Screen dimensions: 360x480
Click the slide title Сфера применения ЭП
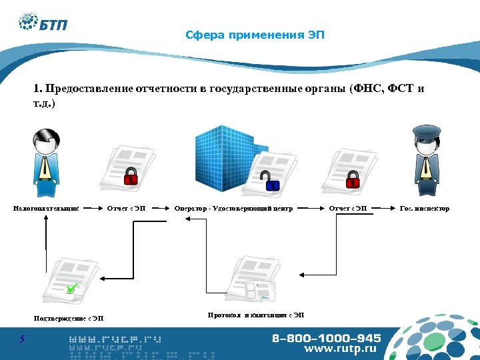255,35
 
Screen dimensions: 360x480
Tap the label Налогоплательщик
46,209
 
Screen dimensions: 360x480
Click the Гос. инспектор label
424,209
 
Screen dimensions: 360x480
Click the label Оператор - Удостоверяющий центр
233,209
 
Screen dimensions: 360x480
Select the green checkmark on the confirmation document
71,289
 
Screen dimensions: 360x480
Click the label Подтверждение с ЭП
69,318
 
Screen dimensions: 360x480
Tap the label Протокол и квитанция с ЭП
255,314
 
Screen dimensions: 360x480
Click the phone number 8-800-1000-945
326,338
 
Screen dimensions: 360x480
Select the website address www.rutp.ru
340,349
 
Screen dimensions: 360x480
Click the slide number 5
22,339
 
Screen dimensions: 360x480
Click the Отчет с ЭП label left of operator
127,209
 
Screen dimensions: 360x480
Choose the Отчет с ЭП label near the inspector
348,209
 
